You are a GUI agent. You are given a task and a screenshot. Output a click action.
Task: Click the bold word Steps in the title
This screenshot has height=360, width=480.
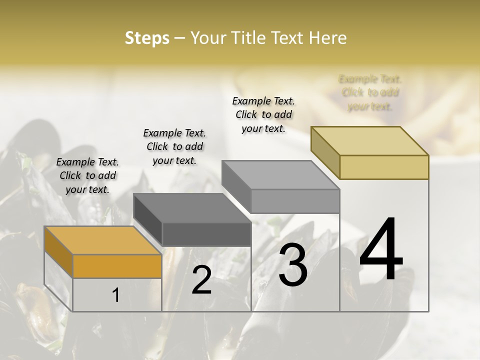coord(147,38)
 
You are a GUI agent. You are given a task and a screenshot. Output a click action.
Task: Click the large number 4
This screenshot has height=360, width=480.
coord(381,250)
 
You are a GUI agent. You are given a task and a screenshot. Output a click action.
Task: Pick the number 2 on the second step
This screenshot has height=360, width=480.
coord(201,280)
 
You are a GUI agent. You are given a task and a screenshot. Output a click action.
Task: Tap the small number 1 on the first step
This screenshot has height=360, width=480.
coord(116,295)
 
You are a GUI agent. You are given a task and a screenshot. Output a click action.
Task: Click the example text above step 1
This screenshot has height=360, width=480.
coord(87,175)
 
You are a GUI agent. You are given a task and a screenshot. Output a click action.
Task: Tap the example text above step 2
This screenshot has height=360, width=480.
coord(174,146)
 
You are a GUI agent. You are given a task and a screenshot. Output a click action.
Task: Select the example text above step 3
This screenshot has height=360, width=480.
coord(263,114)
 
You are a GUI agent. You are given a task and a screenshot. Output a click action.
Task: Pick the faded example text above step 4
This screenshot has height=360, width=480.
coord(370,92)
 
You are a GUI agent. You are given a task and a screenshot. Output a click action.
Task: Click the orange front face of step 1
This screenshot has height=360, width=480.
coord(117,266)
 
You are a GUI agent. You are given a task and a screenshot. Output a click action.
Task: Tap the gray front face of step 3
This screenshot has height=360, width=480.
coord(295,201)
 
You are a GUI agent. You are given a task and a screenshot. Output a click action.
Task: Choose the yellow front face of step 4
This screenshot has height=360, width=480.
coord(384,167)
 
